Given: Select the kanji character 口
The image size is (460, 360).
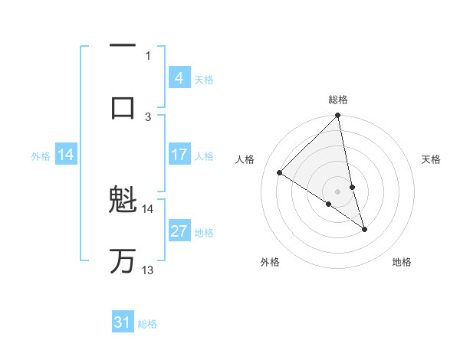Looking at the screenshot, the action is click(x=123, y=106).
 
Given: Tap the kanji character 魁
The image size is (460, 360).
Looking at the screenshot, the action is click(x=123, y=201).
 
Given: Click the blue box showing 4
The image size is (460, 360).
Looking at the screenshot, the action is click(x=179, y=77).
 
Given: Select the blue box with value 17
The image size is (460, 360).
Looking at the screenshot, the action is click(x=179, y=155).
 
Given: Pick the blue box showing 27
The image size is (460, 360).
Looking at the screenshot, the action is click(x=179, y=231).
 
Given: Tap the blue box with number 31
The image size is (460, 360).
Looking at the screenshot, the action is click(x=123, y=322).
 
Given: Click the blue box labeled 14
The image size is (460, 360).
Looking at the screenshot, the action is click(x=66, y=155).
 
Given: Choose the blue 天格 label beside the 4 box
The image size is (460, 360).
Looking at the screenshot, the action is click(x=204, y=79).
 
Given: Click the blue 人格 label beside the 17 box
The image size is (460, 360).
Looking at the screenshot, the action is click(x=204, y=156).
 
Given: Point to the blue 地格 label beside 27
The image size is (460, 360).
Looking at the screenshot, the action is click(x=204, y=232).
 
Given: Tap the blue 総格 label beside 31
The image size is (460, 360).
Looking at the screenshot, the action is click(x=147, y=324).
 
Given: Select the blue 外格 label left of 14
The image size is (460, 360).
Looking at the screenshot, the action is click(x=41, y=156).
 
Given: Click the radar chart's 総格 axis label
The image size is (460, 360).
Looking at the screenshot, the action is click(x=338, y=100).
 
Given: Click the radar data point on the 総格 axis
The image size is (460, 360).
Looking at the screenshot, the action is click(x=338, y=116).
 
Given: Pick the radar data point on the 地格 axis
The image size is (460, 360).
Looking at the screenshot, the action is click(x=364, y=229).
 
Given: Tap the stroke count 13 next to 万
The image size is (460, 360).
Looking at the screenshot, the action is click(x=148, y=270).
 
